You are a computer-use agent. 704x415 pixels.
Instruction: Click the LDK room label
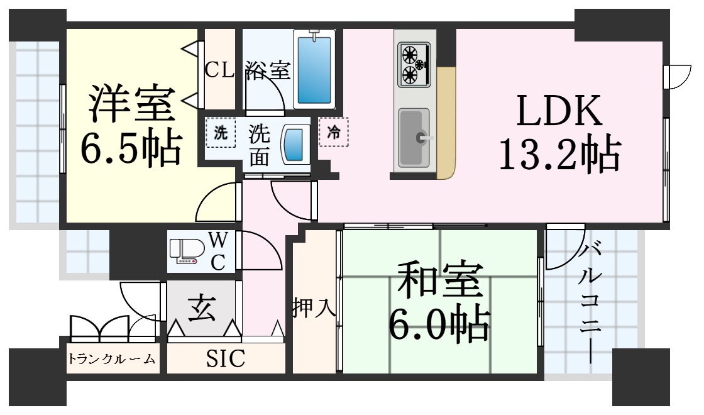[x=559, y=111]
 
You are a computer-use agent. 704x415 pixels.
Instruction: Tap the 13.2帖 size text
[x=560, y=153]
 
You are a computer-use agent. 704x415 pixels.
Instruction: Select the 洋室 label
[x=131, y=103]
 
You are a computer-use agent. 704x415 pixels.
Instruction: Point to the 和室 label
[x=441, y=280]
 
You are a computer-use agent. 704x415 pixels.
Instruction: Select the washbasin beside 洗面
[x=295, y=145]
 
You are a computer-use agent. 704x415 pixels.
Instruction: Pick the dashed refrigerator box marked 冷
[x=334, y=132]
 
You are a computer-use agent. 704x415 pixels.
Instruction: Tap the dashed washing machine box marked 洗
[x=221, y=133]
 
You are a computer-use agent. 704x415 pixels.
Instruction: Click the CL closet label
[x=219, y=70]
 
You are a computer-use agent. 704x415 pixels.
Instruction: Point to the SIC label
[x=226, y=358]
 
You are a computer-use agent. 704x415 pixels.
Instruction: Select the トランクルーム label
[x=111, y=359]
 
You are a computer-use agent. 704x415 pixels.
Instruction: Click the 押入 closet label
[x=314, y=307]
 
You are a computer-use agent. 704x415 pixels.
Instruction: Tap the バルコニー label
[x=591, y=302]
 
